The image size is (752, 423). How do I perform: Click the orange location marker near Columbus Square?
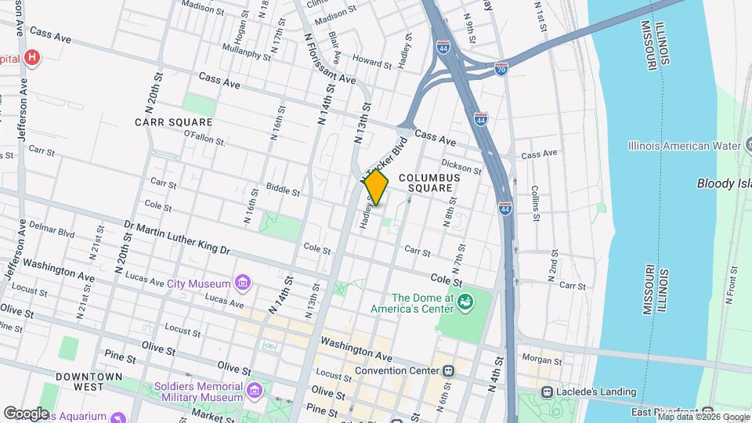click(376, 187)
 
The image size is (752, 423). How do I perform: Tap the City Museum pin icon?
click(243, 283)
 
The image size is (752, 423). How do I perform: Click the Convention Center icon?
click(448, 371)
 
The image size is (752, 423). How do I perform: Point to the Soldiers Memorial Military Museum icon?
click(254, 390)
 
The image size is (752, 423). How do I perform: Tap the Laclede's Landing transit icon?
click(548, 392)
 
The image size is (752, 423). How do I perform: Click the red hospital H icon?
click(31, 57)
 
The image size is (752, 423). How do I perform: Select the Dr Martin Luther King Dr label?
click(177, 238)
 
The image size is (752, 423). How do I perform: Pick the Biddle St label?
click(283, 190)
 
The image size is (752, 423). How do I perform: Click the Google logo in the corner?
click(26, 413)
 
